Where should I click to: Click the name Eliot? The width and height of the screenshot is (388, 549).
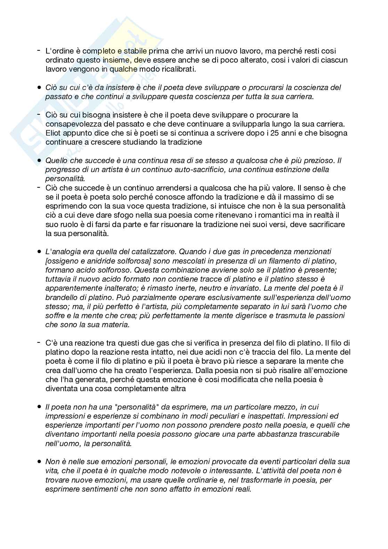[53, 133]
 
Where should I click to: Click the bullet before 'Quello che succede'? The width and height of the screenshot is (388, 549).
[39, 161]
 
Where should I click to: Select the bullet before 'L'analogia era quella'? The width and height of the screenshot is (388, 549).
[39, 251]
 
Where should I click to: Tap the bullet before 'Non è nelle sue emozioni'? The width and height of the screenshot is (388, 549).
[39, 462]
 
